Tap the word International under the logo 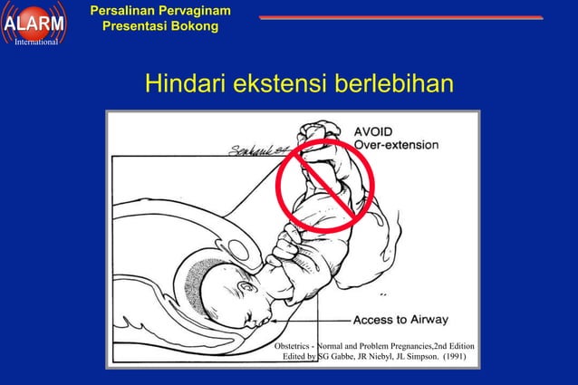coord(36,42)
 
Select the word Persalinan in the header coord(127,11)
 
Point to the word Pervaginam coord(197,11)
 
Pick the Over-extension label coord(396,145)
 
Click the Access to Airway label coord(400,320)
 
